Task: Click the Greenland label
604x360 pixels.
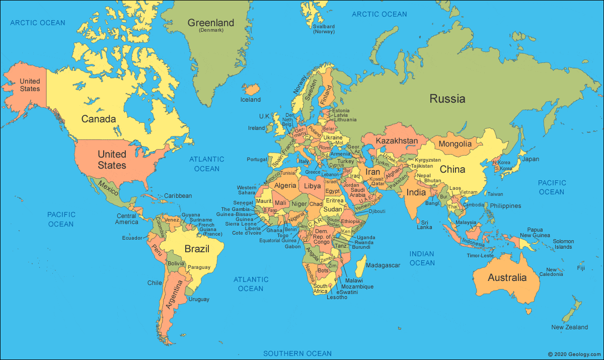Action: tap(211, 23)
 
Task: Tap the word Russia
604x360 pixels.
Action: tap(447, 99)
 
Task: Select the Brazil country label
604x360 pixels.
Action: tap(197, 249)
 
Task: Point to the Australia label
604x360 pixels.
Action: tap(507, 277)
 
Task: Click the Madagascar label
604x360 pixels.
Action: tap(383, 265)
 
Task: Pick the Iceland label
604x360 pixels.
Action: tap(250, 100)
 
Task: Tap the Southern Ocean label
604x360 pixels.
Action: tap(297, 353)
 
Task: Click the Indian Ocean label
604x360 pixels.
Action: tap(422, 258)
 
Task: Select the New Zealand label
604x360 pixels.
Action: tap(569, 327)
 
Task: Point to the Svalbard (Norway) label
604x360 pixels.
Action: tap(324, 29)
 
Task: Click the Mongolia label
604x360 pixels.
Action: tap(455, 144)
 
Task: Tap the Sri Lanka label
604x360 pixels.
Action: tap(424, 224)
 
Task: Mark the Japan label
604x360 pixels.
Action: tap(530, 159)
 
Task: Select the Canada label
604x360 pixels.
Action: tap(99, 119)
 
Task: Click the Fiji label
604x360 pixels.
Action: tap(581, 268)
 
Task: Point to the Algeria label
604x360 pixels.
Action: tap(285, 185)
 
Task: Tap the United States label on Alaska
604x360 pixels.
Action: tap(30, 85)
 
